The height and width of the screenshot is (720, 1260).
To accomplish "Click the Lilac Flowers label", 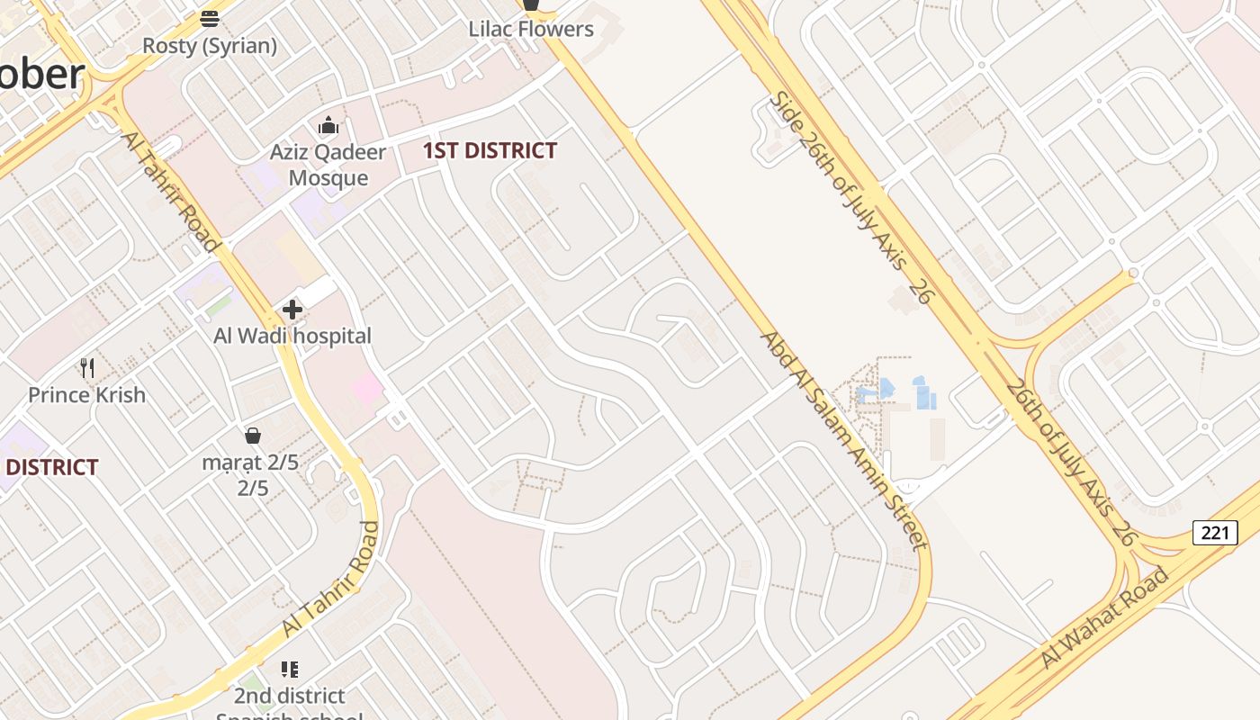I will pos(531,29).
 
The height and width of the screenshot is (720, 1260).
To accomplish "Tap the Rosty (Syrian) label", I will pos(210,45).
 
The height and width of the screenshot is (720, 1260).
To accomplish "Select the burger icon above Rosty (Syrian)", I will pos(210,18).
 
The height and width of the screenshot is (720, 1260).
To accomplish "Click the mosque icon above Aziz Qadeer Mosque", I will pos(328,125).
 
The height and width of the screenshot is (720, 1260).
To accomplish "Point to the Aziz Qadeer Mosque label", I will pos(328,165).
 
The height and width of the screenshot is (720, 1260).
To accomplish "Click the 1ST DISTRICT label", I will pos(490,150).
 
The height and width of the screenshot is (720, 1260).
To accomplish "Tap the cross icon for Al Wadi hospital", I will pos(292,310).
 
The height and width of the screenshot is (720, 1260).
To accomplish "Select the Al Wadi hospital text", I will pos(292,336).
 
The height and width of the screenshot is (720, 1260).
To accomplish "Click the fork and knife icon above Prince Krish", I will pos(87,367).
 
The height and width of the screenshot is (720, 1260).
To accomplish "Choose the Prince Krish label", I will pos(86,394).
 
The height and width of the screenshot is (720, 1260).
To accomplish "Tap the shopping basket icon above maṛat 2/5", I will pos(253,436).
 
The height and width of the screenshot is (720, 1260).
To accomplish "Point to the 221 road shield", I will pos(1214,533).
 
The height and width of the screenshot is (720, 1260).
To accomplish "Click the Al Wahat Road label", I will pos(1106,617).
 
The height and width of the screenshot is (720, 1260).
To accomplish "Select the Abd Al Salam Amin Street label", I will pos(842,439).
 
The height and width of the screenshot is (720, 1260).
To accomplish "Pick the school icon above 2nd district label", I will pos(289,669).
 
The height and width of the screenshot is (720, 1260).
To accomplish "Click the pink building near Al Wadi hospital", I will pos(367,389).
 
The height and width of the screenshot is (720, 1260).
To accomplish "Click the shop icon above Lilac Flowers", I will pos(531,4).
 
